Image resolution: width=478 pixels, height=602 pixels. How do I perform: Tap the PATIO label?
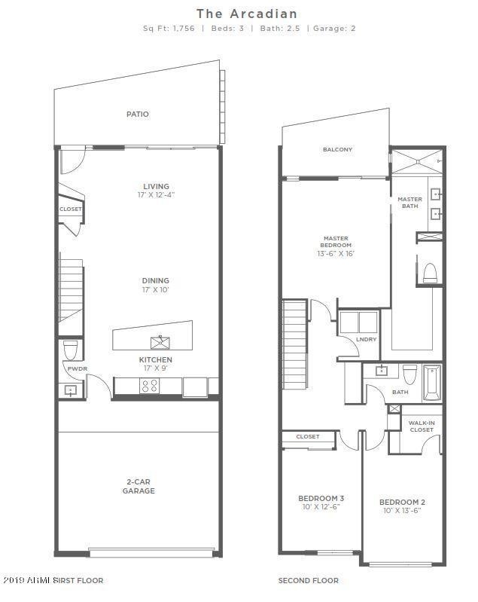[137, 115]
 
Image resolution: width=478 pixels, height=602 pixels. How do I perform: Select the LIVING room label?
[156, 186]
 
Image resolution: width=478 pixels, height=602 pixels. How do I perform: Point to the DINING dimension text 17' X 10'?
[156, 290]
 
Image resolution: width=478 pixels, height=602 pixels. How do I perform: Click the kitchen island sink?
[160, 342]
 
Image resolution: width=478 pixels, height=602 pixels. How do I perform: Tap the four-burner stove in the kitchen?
[150, 386]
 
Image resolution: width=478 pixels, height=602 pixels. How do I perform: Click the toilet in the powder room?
[71, 350]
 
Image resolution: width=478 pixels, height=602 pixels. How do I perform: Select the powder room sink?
[70, 390]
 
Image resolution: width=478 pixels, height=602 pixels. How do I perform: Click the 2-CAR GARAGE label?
[139, 486]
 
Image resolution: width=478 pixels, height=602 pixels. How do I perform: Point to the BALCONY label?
[337, 149]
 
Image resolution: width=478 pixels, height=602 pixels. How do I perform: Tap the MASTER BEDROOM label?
[336, 241]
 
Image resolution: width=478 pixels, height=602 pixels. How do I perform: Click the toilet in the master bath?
[431, 272]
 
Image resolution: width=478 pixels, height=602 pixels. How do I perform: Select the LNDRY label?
[367, 340]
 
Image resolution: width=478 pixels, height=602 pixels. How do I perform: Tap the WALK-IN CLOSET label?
[421, 426]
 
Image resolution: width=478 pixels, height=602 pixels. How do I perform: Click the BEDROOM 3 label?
[321, 498]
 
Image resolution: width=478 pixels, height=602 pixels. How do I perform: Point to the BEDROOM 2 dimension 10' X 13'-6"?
[402, 511]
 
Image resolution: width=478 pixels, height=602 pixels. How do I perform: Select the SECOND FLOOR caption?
[308, 581]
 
